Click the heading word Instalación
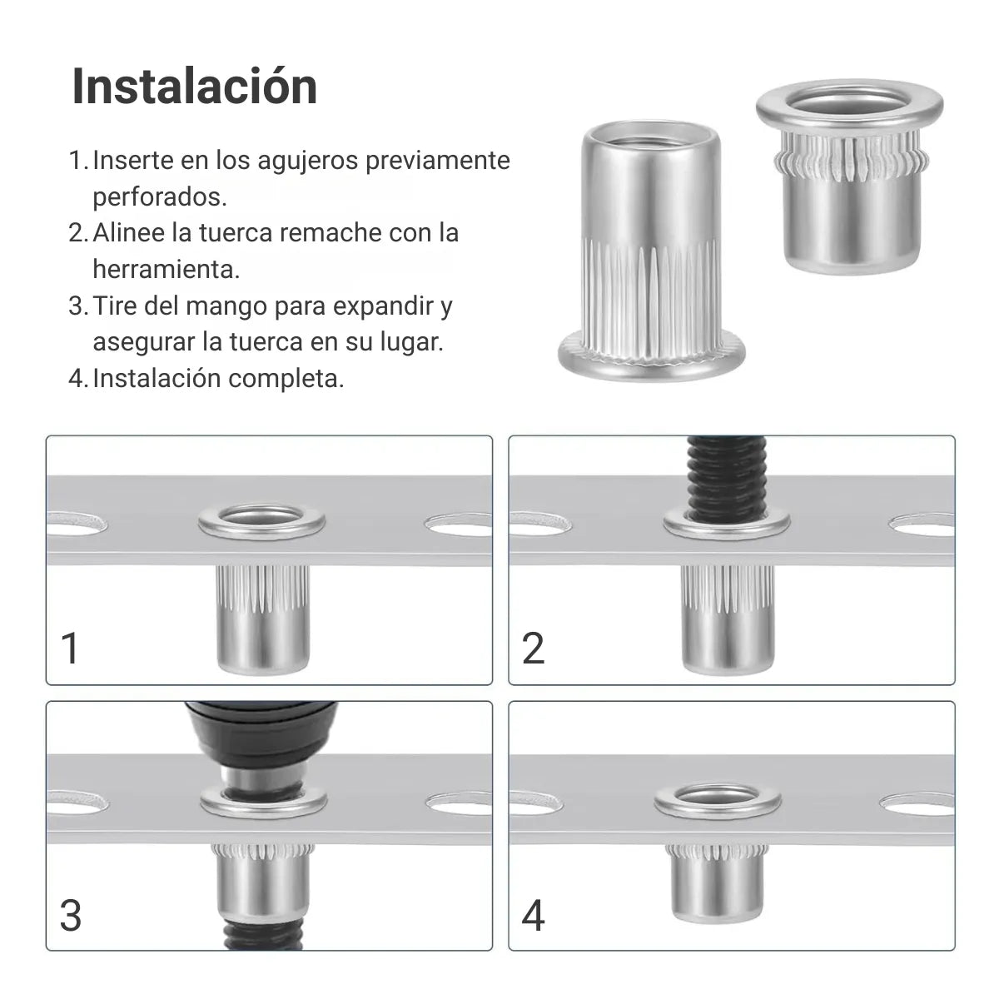coord(195,87)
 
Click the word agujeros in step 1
coord(307,160)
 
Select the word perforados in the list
coord(160,196)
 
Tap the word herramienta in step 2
coord(166,269)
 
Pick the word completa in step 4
coord(286,379)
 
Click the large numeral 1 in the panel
coord(69,648)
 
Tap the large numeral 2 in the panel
coord(533,648)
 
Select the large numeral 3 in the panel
coord(71,916)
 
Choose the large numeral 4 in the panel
coord(533,916)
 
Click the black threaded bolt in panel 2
coord(726,477)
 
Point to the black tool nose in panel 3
coord(261,747)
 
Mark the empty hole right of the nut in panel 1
coord(458,524)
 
